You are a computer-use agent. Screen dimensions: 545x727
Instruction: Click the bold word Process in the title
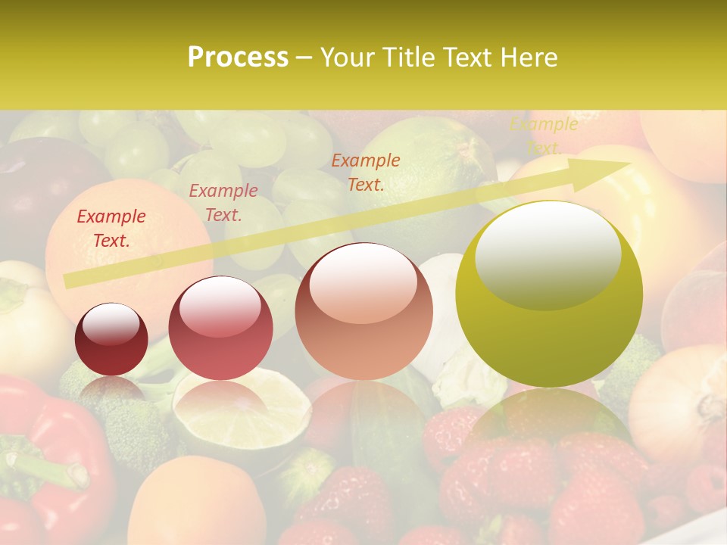(x=238, y=58)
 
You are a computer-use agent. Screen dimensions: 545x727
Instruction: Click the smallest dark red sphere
(x=111, y=339)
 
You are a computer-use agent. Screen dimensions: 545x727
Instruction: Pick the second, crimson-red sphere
(x=220, y=329)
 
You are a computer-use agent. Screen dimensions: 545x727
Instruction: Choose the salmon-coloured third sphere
(x=363, y=311)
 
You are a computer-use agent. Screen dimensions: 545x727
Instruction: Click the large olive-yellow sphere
(x=549, y=294)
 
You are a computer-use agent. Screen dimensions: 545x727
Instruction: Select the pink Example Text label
(x=223, y=203)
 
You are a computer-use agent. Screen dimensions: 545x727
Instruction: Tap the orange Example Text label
(x=366, y=172)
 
